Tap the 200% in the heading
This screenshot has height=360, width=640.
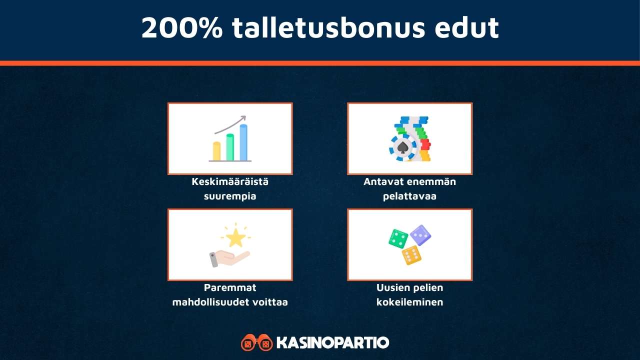(181, 27)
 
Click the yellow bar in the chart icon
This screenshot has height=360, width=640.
(217, 151)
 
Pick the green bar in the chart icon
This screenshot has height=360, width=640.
(230, 147)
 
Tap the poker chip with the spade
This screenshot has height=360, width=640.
(402, 147)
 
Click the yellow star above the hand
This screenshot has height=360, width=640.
(235, 238)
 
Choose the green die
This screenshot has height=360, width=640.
(398, 238)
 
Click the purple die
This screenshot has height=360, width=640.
(420, 234)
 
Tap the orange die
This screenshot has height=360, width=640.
(411, 255)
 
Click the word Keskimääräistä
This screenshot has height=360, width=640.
(230, 181)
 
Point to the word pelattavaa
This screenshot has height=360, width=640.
(409, 196)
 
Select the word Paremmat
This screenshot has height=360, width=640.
(230, 287)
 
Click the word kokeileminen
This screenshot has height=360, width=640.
(409, 302)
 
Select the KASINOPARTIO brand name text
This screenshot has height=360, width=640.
(332, 343)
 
